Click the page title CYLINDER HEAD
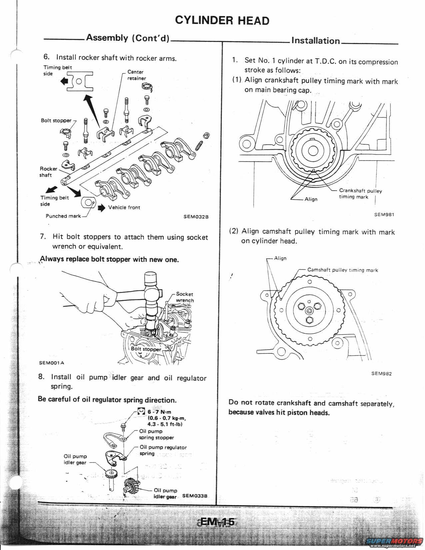point(222,20)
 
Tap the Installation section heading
point(315,41)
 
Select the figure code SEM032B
point(196,217)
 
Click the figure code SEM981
point(384,214)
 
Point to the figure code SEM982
point(381,373)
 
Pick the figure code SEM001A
point(51,363)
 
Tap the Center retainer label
point(136,75)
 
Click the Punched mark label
point(63,216)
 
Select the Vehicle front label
point(124,207)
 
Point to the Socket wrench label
point(185,297)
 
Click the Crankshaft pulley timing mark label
point(360,194)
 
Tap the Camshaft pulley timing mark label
point(342,270)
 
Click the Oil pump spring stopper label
point(156,434)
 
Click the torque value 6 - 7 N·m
point(159,412)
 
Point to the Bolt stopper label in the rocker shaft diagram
point(56,120)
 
